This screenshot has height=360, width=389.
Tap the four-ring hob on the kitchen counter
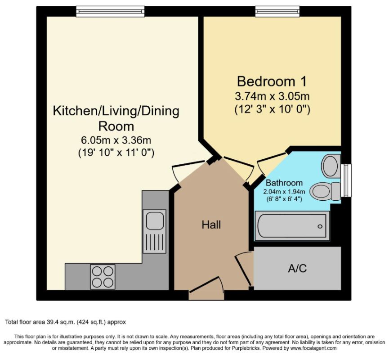click(x=103, y=277)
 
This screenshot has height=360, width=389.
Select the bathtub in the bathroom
click(x=292, y=226)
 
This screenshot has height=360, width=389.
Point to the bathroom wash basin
click(x=331, y=166)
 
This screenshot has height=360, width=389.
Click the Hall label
click(x=211, y=225)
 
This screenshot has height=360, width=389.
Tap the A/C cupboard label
click(x=297, y=268)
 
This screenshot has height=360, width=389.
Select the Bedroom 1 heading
click(x=272, y=81)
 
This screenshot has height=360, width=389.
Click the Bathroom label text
click(x=284, y=183)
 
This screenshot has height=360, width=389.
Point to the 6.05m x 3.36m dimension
click(x=116, y=140)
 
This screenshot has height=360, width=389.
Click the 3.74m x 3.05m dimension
click(x=272, y=96)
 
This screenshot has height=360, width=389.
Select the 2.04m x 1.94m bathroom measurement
click(x=284, y=192)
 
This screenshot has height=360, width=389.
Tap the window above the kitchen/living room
click(x=110, y=12)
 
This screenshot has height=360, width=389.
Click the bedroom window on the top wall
click(x=278, y=12)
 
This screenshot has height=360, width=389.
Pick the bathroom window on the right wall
click(x=346, y=180)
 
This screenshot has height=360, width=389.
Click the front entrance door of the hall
click(x=207, y=288)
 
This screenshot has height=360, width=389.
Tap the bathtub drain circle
click(x=320, y=226)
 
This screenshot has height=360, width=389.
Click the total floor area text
click(x=66, y=322)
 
